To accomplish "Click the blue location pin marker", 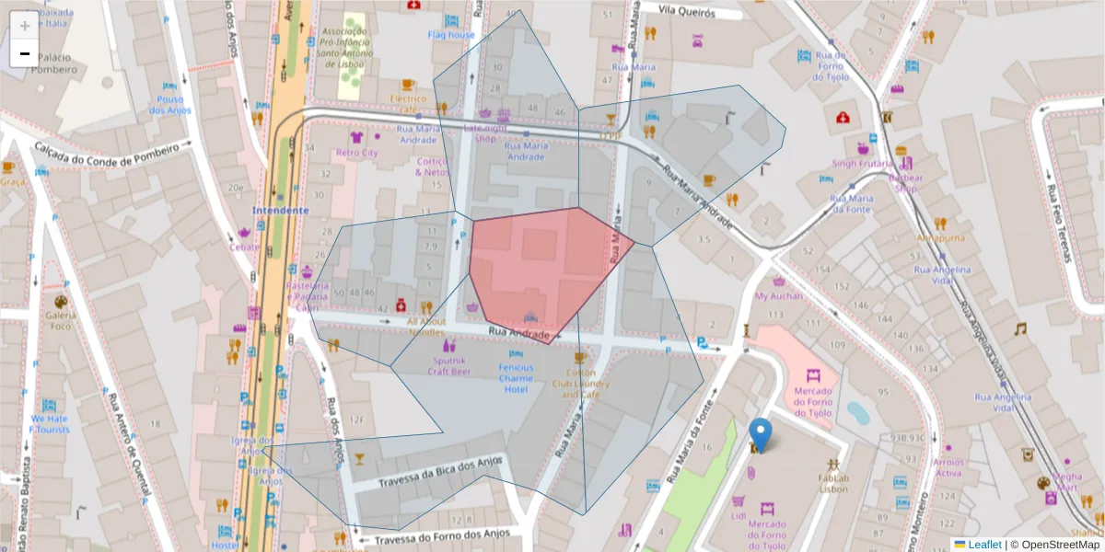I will pos(760,435).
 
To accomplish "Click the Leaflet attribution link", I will pos(983,545).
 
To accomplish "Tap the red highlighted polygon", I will pos(543,271).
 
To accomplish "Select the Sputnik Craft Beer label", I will pos(448,365).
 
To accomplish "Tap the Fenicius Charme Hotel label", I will pos(516,378).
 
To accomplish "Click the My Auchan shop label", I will pos(779,296).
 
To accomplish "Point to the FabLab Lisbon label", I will pos(833,483).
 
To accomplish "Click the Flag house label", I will pos(451,35).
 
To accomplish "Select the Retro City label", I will pos(357,152).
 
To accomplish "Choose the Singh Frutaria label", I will pos(862,164).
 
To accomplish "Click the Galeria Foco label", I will pos(60,319).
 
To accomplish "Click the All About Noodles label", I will pos(425,327).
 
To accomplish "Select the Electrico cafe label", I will pos(408,103).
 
